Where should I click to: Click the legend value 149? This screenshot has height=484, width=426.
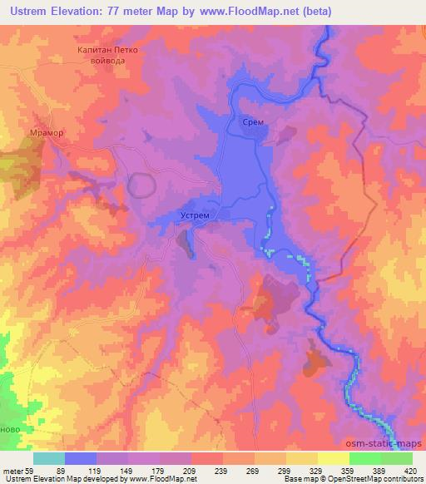136,471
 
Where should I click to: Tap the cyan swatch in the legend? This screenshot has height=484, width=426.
49,458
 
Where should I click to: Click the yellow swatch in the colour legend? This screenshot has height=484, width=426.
333,458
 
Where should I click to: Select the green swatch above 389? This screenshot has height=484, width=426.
364,458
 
